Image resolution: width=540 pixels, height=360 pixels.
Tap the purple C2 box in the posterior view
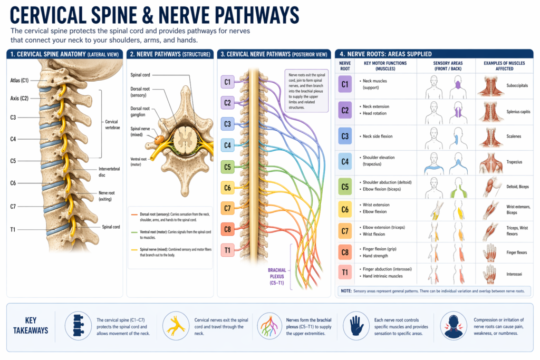[x=227, y=103]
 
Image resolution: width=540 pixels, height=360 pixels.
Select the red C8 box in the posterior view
[x=227, y=229]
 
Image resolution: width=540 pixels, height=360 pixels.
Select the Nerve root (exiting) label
[x=108, y=196]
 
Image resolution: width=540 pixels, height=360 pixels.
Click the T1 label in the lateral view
[x=13, y=229]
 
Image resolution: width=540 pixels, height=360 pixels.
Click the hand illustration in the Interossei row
[x=490, y=274]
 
